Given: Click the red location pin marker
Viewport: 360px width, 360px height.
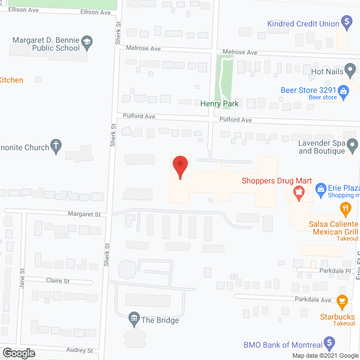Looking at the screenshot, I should [180, 167].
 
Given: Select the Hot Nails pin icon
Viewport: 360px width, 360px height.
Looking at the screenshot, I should [350, 71].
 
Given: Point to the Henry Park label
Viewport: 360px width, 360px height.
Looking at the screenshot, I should [219, 103].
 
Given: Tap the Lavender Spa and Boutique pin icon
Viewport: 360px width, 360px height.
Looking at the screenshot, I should [353, 147].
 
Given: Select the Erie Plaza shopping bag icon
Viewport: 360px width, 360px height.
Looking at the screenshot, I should [321, 188].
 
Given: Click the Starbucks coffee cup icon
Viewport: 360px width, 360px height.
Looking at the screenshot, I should [341, 301].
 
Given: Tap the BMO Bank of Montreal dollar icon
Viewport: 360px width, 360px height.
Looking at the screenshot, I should [330, 344].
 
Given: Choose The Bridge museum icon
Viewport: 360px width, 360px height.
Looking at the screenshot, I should [134, 320].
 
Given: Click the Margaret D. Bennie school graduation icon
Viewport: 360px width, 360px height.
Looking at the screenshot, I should [87, 42].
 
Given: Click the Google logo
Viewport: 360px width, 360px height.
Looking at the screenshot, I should [18, 353].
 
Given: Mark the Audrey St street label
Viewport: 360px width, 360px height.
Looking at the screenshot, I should [79, 350].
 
